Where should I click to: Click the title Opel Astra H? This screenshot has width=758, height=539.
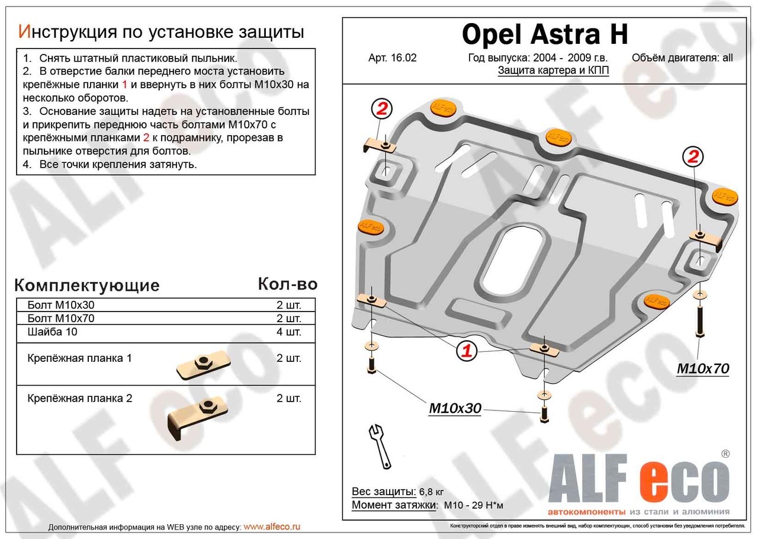tap(544, 36)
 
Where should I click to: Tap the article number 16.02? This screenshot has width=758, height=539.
tap(393, 58)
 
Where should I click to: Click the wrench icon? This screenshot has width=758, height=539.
tap(378, 445)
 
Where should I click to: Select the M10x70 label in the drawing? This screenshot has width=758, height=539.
tap(703, 369)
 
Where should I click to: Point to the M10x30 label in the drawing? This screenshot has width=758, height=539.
tap(455, 408)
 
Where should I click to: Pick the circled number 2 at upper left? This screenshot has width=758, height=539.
tap(382, 109)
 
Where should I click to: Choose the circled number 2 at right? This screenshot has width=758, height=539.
tap(693, 157)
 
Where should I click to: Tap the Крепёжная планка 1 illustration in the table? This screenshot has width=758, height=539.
tap(203, 365)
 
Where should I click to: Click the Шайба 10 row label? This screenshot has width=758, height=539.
tap(52, 332)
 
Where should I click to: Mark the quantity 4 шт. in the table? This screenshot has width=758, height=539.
tap(288, 332)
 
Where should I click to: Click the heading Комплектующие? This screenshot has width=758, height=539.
tap(86, 285)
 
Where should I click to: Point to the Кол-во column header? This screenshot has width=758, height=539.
tap(287, 284)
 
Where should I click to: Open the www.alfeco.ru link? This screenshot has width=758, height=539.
tap(272, 527)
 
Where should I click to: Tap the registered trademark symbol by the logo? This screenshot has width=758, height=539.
tap(725, 454)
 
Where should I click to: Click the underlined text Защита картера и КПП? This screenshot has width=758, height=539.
tap(553, 70)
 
